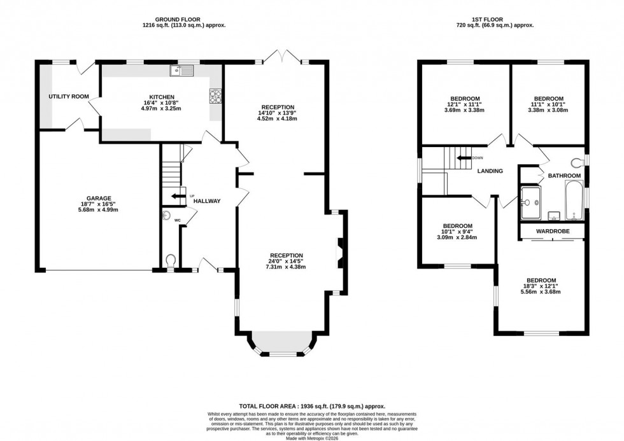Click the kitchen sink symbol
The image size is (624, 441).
[177, 71]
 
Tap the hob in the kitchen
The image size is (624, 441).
[215, 96]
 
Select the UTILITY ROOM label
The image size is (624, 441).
[69, 97]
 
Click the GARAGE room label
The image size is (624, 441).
[99, 198]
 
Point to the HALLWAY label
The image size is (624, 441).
[207, 201]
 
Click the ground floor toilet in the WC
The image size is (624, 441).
[170, 261]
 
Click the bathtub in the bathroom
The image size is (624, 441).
[574, 200]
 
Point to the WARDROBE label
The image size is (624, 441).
[553, 231]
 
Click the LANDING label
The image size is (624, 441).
[491, 171]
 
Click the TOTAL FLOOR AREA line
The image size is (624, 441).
[311, 406]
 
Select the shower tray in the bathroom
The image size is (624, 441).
[530, 200]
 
